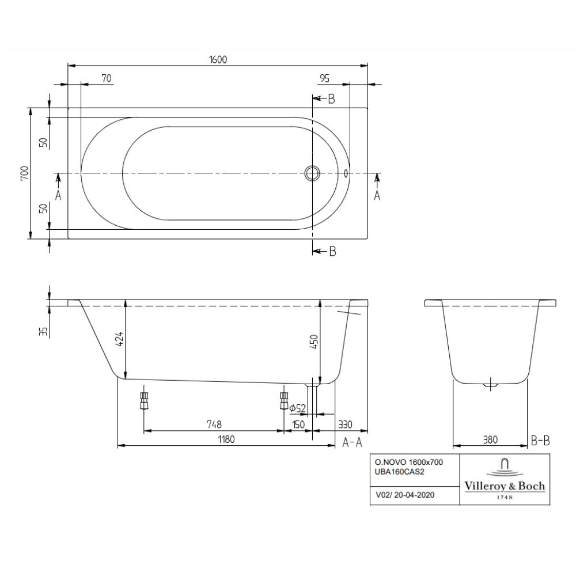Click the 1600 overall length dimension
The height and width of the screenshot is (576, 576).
click(x=218, y=59)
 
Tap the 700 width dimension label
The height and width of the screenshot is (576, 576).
click(x=24, y=173)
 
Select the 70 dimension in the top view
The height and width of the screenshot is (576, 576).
click(x=106, y=78)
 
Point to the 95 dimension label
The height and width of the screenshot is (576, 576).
click(x=324, y=78)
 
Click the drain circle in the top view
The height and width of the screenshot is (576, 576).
click(x=312, y=173)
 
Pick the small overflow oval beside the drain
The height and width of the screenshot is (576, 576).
click(x=346, y=173)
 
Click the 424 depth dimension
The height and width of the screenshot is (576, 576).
click(x=119, y=339)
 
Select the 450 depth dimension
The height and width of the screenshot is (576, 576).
click(x=314, y=342)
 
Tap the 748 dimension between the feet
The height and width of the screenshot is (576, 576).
click(x=214, y=425)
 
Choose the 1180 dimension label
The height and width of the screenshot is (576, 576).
click(x=226, y=439)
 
